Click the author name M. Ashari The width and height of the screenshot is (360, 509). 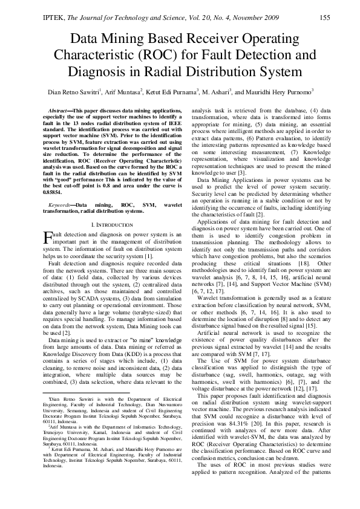point(213,92)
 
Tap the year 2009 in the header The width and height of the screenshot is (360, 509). point(267,18)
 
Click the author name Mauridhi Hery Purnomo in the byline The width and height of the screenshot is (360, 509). point(273,92)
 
